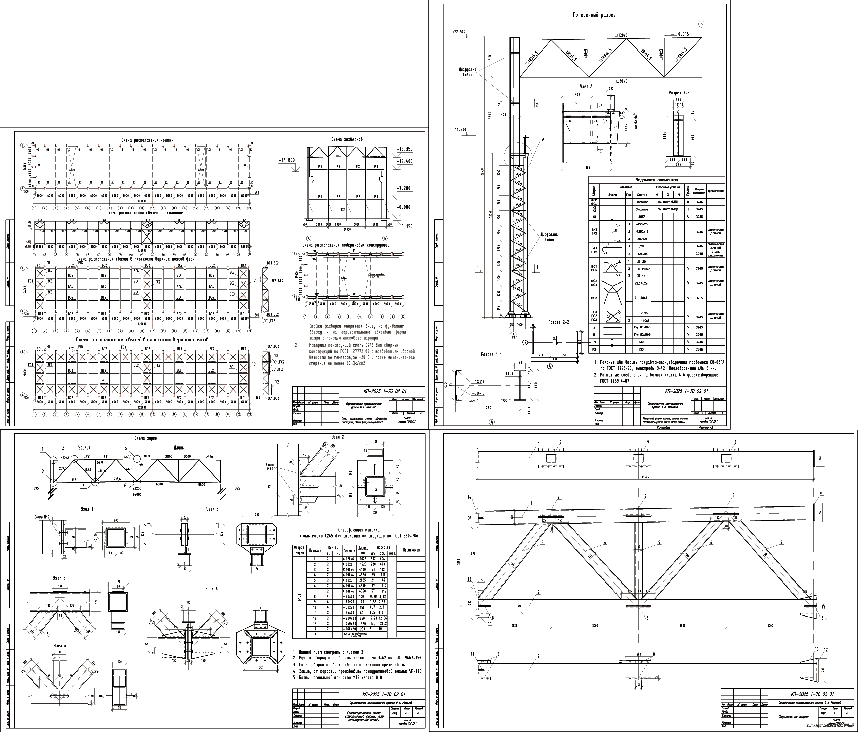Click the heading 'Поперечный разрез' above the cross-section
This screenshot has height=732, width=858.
click(x=594, y=15)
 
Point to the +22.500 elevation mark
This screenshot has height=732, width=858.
click(x=460, y=32)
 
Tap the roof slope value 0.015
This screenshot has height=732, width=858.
click(x=683, y=34)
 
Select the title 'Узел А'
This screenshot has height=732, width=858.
click(x=586, y=87)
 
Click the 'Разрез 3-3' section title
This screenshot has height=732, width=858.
click(x=679, y=93)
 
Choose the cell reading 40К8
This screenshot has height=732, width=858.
click(x=642, y=217)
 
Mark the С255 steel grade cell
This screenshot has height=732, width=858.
click(x=699, y=298)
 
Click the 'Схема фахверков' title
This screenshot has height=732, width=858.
click(x=347, y=140)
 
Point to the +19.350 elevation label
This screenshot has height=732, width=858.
click(x=404, y=149)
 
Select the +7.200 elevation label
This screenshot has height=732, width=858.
click(x=403, y=188)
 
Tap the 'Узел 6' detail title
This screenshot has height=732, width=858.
click(x=211, y=589)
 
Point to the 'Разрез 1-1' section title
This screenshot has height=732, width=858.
click(x=491, y=355)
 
